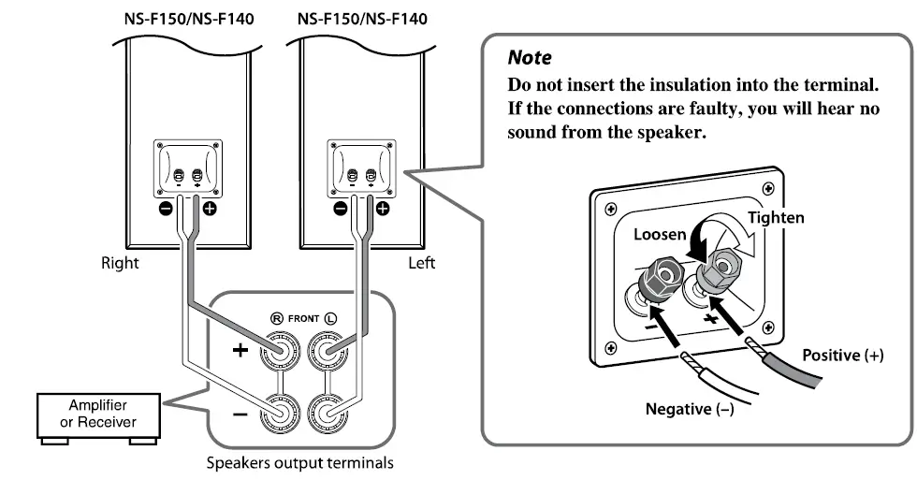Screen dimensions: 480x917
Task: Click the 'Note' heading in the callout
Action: (x=529, y=58)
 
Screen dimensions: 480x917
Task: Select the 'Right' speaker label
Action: (x=120, y=263)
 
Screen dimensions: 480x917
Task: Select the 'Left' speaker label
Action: (x=422, y=263)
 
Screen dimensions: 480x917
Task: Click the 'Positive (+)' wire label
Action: (x=842, y=356)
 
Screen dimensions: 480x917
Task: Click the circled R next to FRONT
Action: (x=276, y=318)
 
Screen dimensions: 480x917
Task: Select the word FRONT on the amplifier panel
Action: (x=303, y=318)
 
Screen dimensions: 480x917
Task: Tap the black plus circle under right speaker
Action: (x=209, y=208)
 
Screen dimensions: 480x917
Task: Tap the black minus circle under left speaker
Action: (x=341, y=208)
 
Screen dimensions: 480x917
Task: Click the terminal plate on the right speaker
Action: (x=187, y=168)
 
